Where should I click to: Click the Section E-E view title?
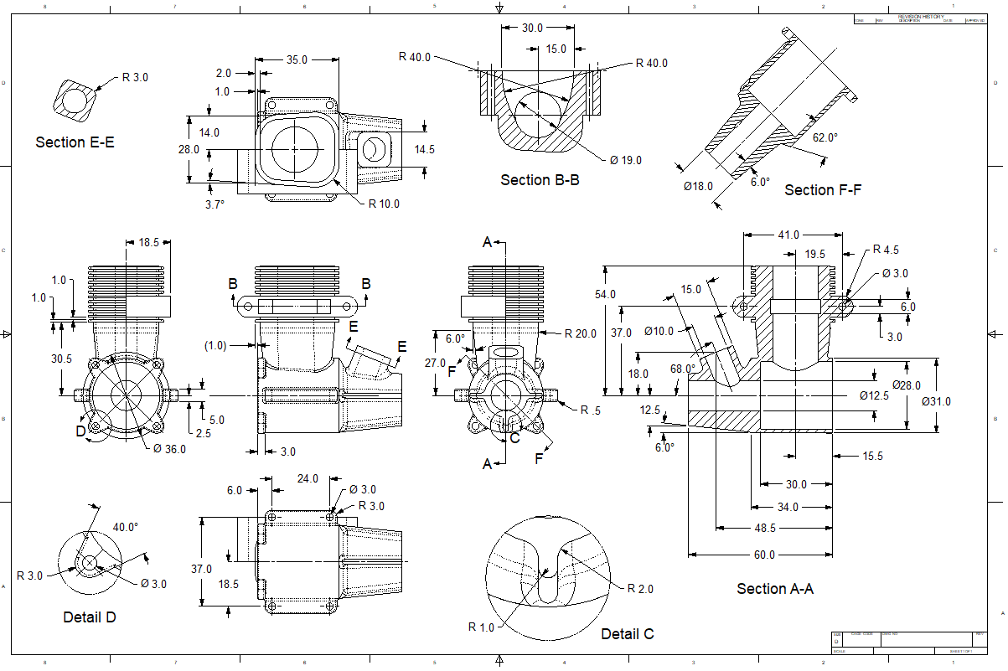point(75,142)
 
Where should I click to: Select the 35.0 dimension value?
point(297,60)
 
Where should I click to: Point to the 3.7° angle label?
point(215,204)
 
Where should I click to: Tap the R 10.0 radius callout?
point(385,204)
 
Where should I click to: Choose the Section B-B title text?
point(540,180)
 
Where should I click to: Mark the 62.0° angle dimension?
point(825,137)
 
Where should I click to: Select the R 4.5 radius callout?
point(886,250)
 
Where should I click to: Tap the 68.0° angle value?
point(683,369)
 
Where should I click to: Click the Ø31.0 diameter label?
point(936,401)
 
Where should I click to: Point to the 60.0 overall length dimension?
point(764,555)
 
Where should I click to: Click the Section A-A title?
point(775,589)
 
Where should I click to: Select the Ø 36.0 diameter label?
point(169,448)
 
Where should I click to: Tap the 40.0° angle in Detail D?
point(126,528)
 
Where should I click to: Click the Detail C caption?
point(627,634)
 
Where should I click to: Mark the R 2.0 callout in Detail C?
point(640,589)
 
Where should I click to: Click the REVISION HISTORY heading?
point(921,17)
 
